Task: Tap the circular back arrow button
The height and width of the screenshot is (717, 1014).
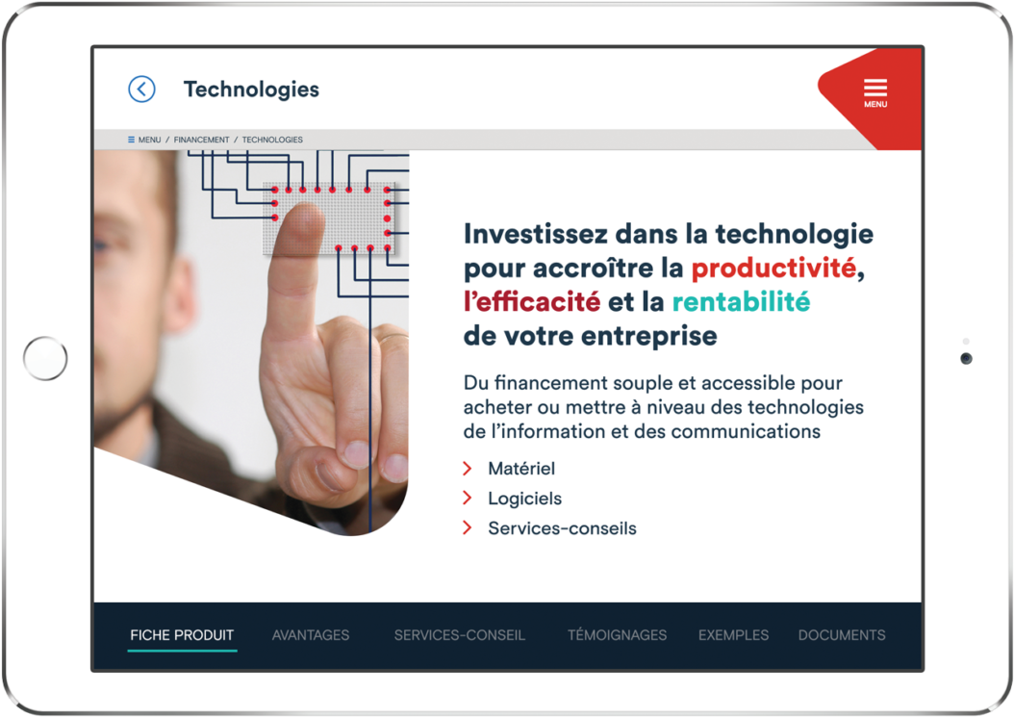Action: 141,90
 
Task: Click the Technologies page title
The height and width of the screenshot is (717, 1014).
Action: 251,90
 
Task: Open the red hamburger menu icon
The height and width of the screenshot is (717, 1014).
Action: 875,90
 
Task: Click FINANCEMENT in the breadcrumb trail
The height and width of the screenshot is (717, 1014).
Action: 201,140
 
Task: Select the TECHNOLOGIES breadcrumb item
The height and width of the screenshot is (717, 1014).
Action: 272,140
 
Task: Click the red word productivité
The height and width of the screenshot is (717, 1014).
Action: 773,268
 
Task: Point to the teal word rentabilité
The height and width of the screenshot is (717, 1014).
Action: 741,302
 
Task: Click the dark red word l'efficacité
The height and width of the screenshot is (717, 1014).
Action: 532,302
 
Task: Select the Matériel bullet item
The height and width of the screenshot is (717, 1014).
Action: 521,469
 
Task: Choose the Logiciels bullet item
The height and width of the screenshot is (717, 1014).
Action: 524,499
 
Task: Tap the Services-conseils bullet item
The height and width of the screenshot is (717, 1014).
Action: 562,528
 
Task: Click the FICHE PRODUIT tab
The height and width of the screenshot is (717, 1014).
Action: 182,635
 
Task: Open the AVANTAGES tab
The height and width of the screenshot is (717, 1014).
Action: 311,635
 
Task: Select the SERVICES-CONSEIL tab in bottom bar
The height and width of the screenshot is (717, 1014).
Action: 460,635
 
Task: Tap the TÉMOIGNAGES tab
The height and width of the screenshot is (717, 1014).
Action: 617,635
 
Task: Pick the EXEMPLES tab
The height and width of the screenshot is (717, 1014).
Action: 733,635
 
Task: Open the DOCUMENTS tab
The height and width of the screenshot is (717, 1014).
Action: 842,635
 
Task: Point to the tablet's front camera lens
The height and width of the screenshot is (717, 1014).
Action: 966,359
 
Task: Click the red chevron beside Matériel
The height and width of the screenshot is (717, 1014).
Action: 468,469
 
